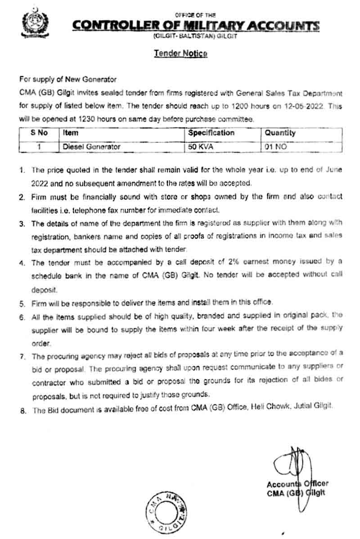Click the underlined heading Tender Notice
[x=180, y=54]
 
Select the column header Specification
[x=211, y=133]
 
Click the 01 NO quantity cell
[x=276, y=146]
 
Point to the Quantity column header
[x=280, y=133]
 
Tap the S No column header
[x=40, y=133]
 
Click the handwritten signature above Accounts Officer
[x=292, y=464]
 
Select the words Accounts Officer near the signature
[x=297, y=484]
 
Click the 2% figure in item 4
[x=210, y=263]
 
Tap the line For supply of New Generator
[x=68, y=80]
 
